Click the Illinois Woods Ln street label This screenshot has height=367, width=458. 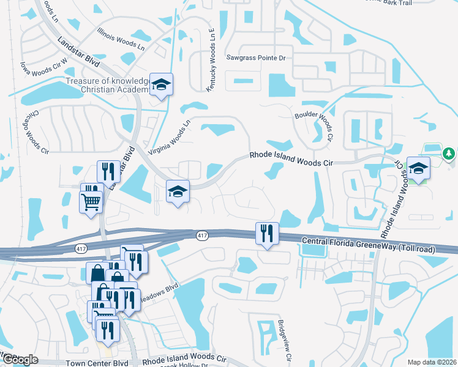(121, 38)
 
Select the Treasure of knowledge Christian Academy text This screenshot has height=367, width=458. (107, 86)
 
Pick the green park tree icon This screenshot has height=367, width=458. (449, 153)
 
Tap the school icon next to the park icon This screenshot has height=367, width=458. (418, 168)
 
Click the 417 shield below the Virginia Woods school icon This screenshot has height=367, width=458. (202, 235)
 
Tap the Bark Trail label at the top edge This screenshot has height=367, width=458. (422, 2)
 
